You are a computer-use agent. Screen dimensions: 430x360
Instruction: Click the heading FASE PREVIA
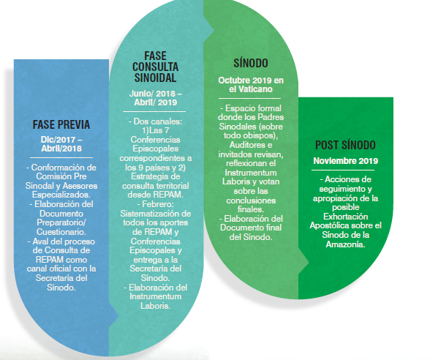click(61, 124)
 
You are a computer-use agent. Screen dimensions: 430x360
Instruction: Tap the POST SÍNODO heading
click(345, 145)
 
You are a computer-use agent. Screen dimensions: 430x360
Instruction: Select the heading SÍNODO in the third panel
click(251, 63)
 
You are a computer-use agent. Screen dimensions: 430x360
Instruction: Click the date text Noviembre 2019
click(345, 161)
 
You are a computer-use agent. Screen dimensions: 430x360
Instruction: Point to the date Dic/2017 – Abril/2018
click(61, 144)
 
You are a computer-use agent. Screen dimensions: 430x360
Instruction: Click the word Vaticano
click(255, 89)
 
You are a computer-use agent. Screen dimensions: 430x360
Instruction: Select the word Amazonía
click(345, 244)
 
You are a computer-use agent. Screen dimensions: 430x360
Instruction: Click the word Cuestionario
click(61, 232)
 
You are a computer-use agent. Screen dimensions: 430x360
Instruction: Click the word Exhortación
click(345, 217)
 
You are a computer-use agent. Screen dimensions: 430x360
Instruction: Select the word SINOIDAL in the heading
click(155, 78)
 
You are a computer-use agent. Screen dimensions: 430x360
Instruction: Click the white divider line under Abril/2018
click(61, 158)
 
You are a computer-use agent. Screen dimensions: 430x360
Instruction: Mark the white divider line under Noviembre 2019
click(343, 170)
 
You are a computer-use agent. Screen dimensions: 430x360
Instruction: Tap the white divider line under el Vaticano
click(249, 98)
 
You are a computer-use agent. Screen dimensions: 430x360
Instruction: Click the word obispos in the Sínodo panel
click(260, 135)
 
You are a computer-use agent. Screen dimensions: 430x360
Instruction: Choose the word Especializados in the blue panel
click(61, 195)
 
